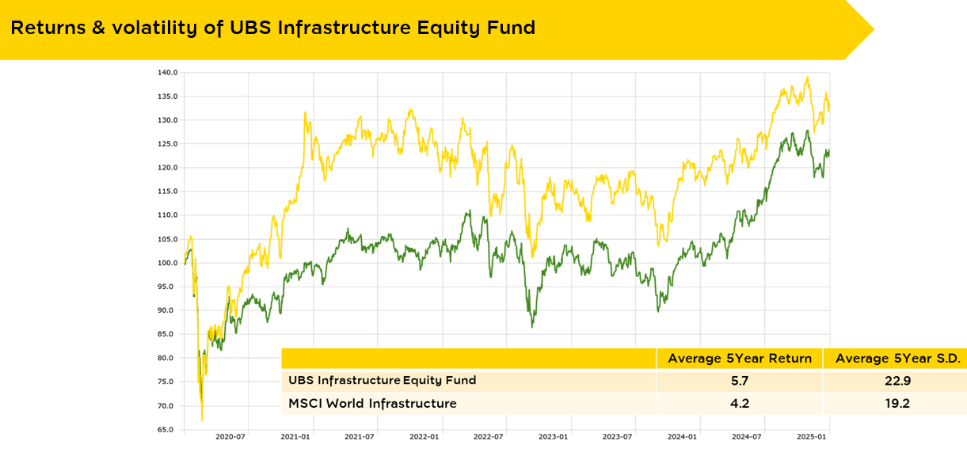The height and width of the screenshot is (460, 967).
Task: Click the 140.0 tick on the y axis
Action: pyautogui.click(x=166, y=73)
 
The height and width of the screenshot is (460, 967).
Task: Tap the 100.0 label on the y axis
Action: pyautogui.click(x=166, y=263)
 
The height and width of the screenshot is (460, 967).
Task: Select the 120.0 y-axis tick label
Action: pyautogui.click(x=166, y=168)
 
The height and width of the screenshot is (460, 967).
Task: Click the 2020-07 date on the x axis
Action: pyautogui.click(x=230, y=437)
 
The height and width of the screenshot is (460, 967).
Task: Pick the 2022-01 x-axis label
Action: pyautogui.click(x=424, y=437)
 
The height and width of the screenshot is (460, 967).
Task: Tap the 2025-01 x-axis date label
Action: pyautogui.click(x=812, y=437)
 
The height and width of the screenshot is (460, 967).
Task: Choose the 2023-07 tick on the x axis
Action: pyautogui.click(x=618, y=437)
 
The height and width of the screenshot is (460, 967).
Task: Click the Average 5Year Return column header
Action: pyautogui.click(x=740, y=359)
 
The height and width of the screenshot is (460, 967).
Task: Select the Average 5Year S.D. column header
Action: pyautogui.click(x=898, y=359)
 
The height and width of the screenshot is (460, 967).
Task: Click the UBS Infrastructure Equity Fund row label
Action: pyautogui.click(x=383, y=381)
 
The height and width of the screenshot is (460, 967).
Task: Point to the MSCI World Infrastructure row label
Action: pyautogui.click(x=372, y=404)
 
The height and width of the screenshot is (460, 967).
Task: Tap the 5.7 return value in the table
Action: pyautogui.click(x=740, y=381)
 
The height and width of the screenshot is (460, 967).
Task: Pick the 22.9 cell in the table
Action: pyautogui.click(x=898, y=381)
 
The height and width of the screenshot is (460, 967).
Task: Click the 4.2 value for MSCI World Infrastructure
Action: pyautogui.click(x=740, y=404)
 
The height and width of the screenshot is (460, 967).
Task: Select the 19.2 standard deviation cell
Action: pyautogui.click(x=898, y=404)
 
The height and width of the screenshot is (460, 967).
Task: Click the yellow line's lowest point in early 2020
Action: pyautogui.click(x=202, y=420)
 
